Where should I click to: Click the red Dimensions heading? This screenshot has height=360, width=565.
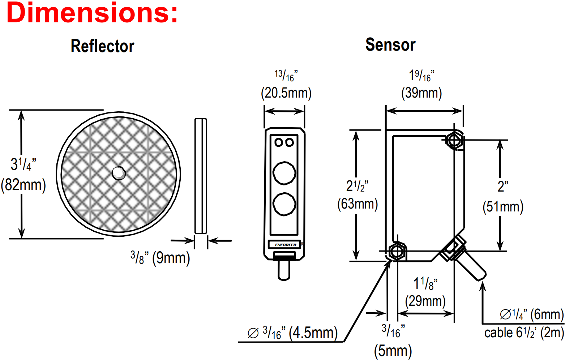pos(92,13)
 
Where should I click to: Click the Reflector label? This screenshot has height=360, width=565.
pos(102,46)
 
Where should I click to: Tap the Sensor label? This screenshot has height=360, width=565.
pos(390,45)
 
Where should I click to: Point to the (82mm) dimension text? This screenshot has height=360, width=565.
pos(23,185)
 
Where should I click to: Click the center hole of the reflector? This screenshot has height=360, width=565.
pos(119,173)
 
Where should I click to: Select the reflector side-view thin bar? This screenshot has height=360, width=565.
pos(201,176)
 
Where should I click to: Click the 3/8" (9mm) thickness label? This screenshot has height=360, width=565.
pos(160,258)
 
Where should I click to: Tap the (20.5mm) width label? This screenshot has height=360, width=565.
pos(286,93)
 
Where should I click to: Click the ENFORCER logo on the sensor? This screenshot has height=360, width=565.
pos(285,245)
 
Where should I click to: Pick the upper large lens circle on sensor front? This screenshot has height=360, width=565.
pos(284,173)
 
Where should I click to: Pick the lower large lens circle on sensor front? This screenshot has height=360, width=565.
pos(284,204)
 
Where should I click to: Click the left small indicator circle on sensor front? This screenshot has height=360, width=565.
pos(279,142)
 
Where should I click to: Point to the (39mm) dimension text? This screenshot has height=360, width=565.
pos(421,93)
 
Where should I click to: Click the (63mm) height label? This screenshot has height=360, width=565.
pos(358,204)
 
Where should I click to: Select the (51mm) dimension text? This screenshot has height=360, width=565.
pos(503,207)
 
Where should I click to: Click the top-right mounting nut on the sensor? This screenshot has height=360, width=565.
pos(454,140)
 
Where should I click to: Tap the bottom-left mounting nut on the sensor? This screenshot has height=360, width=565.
pos(397,251)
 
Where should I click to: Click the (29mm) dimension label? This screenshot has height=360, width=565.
pos(425,301)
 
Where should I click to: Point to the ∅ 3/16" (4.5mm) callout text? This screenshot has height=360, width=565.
pos(292,333)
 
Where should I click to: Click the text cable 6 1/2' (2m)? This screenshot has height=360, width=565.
pos(524,333)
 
